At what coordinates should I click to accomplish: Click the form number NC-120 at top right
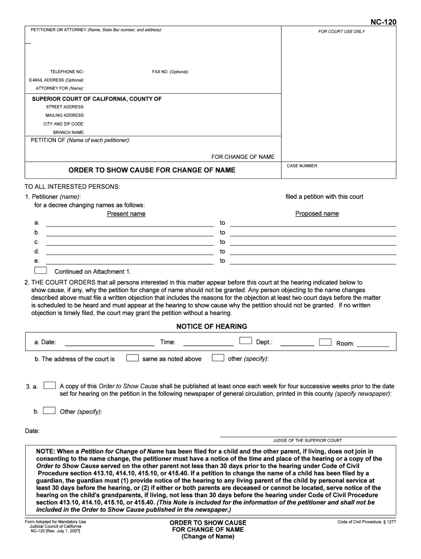[x=383, y=22]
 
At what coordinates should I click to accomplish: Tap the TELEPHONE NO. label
[x=67, y=72]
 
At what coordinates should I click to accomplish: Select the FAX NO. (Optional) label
[x=171, y=72]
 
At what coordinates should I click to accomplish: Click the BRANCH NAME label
[x=68, y=132]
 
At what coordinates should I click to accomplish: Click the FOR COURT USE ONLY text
[x=342, y=32]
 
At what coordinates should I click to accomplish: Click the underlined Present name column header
[x=126, y=214]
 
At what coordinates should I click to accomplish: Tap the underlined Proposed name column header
[x=317, y=214]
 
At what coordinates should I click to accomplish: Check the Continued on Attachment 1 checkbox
[x=40, y=270]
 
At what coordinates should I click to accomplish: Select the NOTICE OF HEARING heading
[x=212, y=326]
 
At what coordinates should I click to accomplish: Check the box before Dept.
[x=245, y=341]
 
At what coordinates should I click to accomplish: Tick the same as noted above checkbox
[x=132, y=358]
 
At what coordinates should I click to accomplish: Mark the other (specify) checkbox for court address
[x=218, y=358]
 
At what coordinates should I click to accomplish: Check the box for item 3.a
[x=49, y=385]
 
